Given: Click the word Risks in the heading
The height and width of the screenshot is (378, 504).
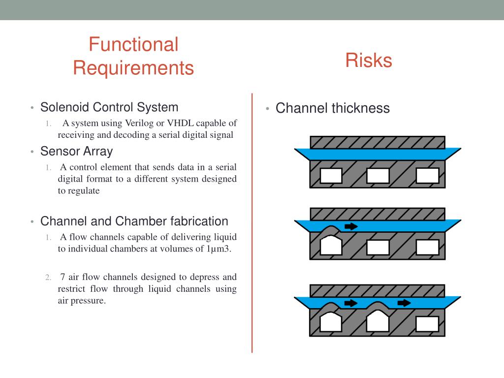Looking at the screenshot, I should [368, 61].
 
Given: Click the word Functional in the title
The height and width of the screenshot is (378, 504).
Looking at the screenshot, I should [133, 45].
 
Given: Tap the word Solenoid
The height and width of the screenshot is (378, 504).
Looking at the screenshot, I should [64, 107].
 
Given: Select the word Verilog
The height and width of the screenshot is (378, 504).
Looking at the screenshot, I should [140, 123].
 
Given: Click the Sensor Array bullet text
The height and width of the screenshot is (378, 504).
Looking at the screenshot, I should [76, 151].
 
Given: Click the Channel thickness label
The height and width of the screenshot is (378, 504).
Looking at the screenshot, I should [332, 108].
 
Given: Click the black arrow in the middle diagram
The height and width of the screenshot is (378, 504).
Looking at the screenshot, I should [351, 226].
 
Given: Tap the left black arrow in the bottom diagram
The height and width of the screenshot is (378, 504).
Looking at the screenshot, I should [351, 303].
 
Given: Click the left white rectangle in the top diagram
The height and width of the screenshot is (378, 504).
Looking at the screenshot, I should [331, 176].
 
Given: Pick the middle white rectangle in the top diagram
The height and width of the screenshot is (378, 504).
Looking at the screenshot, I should [378, 176].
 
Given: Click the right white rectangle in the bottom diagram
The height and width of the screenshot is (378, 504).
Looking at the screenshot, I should [427, 324].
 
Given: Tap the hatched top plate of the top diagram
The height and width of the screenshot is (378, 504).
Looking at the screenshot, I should [378, 142].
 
